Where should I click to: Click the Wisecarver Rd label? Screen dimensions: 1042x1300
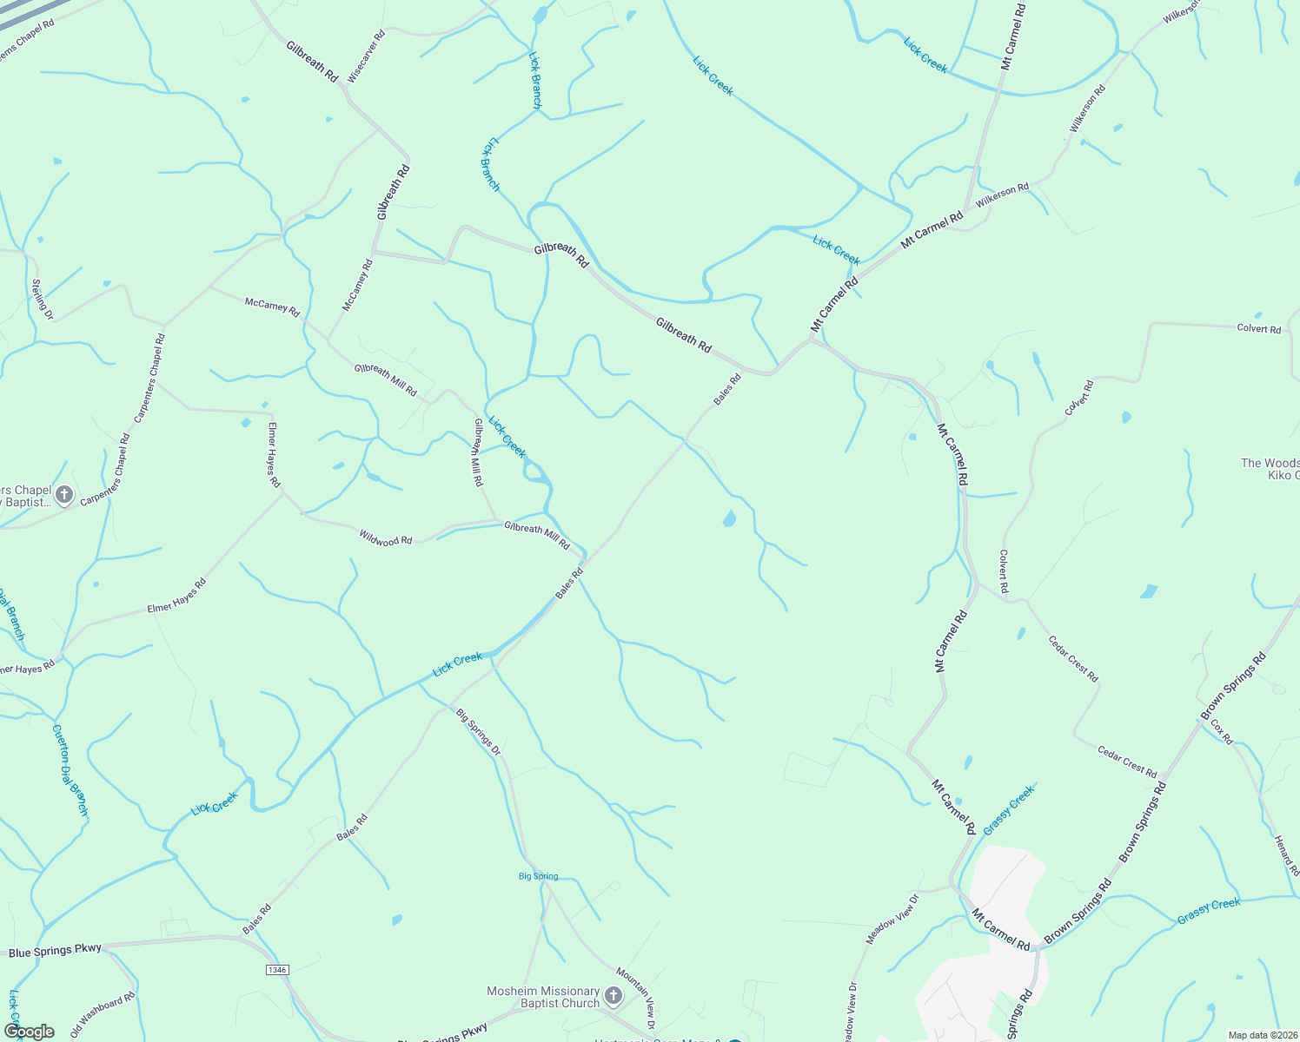click(x=366, y=57)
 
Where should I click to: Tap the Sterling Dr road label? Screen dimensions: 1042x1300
click(x=43, y=299)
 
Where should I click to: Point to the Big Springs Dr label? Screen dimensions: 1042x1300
click(x=479, y=732)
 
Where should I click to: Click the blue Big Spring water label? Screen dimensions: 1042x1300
click(x=538, y=876)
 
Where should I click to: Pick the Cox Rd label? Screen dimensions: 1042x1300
click(x=1222, y=731)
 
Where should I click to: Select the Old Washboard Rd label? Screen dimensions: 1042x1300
click(x=103, y=1013)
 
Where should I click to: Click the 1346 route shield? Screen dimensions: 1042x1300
click(x=276, y=969)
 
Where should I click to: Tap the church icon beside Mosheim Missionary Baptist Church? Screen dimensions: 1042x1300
click(x=614, y=995)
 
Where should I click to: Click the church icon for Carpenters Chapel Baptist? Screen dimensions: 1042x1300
click(x=63, y=495)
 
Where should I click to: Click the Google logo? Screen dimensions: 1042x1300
click(x=29, y=1031)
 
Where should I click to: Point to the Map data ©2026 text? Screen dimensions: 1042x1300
click(x=1262, y=1035)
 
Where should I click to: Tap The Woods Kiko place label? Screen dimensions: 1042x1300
click(x=1270, y=469)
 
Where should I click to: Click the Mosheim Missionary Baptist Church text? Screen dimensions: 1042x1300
click(x=543, y=997)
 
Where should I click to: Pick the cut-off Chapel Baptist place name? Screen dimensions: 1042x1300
click(x=26, y=496)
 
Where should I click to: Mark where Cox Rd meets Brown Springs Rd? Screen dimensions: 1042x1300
click(x=1203, y=720)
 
